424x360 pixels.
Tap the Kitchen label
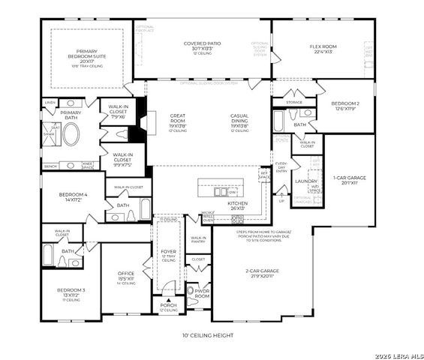(237, 205)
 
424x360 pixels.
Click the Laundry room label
(305, 181)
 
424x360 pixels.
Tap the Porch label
(169, 306)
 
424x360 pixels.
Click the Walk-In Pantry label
(198, 239)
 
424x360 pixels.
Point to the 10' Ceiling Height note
(208, 335)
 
